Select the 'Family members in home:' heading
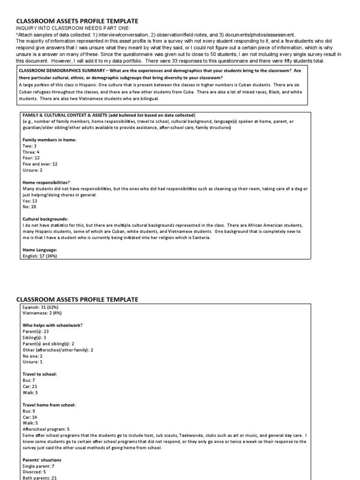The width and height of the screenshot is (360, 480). click(x=49, y=140)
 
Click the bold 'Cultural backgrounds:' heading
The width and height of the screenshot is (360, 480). click(x=45, y=219)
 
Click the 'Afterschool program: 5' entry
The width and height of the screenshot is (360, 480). click(x=46, y=429)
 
